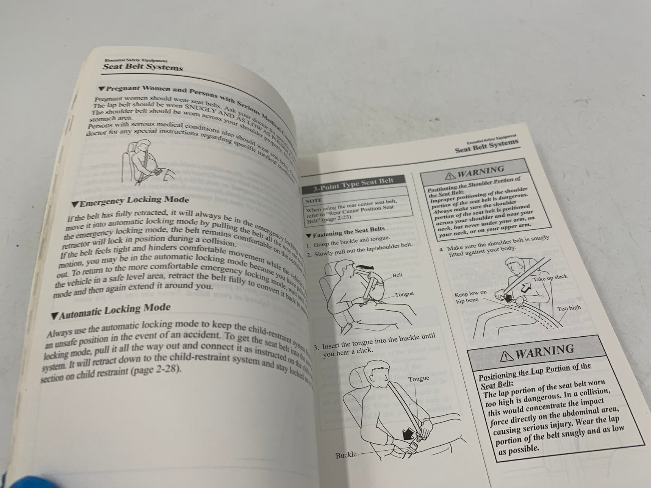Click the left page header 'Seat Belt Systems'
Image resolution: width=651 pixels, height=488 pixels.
click(x=142, y=67)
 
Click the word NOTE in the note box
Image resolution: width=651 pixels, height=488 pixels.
click(x=314, y=200)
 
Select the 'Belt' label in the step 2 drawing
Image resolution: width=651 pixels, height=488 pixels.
click(x=398, y=275)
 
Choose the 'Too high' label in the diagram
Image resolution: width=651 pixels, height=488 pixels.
click(x=569, y=308)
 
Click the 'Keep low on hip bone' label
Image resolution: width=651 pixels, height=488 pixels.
click(x=471, y=296)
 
